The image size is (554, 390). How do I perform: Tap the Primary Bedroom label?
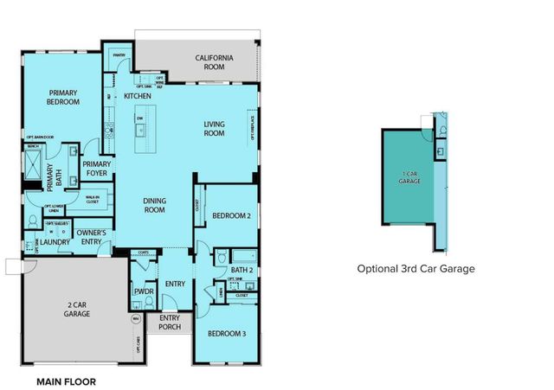pos(64,97)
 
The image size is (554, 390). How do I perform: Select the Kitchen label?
pos(138,96)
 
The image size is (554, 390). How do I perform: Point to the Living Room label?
pos(214,129)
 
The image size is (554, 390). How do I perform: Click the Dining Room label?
pos(154,205)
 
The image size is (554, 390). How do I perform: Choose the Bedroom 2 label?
pos(231,215)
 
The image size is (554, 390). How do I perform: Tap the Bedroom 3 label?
pos(225,334)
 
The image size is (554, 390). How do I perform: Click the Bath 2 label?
pos(242,271)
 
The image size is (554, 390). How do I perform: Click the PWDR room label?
pos(143,292)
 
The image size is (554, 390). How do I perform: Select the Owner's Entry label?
pos(92,237)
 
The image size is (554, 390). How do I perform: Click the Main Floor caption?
pos(66,380)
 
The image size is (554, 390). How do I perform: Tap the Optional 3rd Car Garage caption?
pos(415,269)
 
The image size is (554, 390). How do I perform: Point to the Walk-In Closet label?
pos(92,200)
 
